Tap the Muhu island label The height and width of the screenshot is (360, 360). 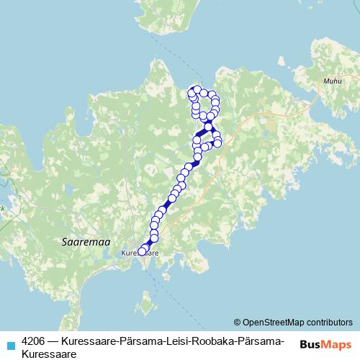333,82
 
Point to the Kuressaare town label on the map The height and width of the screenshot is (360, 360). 140,253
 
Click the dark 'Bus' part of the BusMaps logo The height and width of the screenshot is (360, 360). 310,344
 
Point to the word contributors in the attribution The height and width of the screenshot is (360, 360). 329,322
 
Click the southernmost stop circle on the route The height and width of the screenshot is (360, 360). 141,251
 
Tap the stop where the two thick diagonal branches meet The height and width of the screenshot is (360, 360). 208,127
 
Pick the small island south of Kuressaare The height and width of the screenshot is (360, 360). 148,308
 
